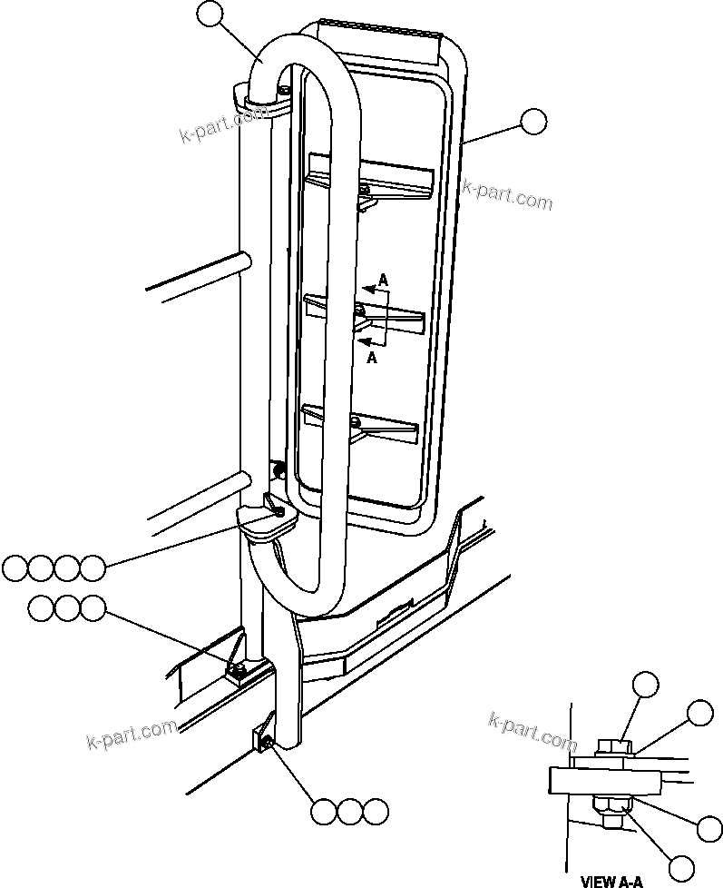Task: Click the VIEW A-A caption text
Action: click(x=611, y=880)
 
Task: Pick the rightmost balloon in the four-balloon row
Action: click(x=93, y=568)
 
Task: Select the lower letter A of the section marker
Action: click(x=372, y=358)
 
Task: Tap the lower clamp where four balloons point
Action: click(x=269, y=519)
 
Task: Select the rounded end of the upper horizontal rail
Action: click(x=245, y=261)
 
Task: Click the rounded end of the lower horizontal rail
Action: click(x=245, y=479)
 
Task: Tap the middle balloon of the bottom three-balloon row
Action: click(x=349, y=812)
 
